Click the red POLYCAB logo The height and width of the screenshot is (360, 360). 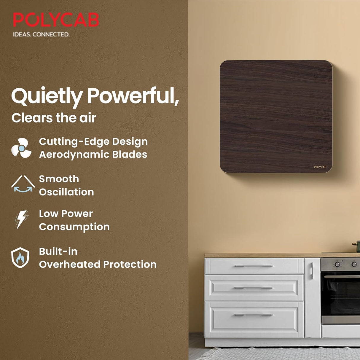pos(56,20)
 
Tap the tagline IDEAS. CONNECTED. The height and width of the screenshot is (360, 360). pos(41,34)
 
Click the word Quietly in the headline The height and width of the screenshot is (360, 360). pos(47,96)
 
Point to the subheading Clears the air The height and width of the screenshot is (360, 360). pos(54,118)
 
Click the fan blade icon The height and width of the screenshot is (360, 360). pos(21,148)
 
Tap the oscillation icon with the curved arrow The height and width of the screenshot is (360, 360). pos(23,184)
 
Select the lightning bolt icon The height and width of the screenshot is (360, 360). pos(21,219)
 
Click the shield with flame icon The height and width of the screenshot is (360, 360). pos(20,258)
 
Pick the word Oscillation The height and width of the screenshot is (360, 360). pos(66,192)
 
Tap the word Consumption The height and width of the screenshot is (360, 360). pos(74,227)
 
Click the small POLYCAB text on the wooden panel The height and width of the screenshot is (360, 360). pos(320,167)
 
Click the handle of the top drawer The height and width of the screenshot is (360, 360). pos(254,266)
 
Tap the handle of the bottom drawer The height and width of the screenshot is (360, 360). pos(254,315)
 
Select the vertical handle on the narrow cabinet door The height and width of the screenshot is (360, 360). pos(311,270)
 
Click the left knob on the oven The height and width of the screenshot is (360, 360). pos(337,264)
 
